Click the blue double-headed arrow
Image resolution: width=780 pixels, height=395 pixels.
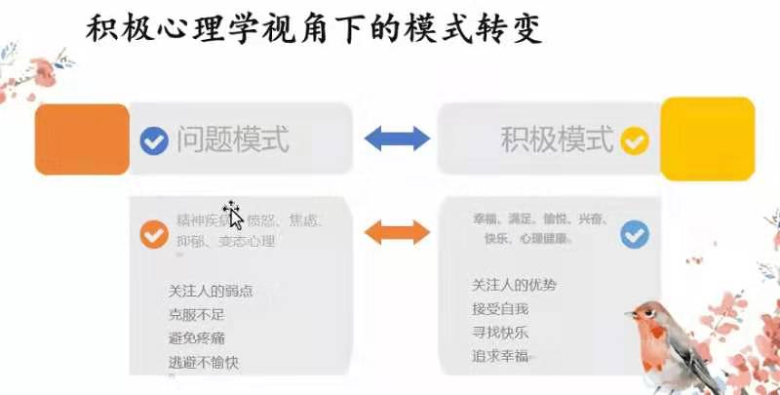click(x=397, y=139)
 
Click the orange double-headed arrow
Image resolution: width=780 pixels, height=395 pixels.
click(x=396, y=232)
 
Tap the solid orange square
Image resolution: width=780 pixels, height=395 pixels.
click(x=82, y=138)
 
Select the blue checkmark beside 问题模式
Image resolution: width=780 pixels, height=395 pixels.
click(x=154, y=140)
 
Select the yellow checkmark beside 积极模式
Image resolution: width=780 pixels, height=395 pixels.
click(x=635, y=140)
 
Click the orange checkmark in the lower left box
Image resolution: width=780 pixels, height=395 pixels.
click(x=154, y=234)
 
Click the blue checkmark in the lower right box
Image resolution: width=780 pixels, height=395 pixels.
click(x=635, y=234)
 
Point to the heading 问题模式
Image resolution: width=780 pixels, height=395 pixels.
click(x=233, y=139)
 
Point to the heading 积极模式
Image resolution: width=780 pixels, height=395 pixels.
click(x=558, y=139)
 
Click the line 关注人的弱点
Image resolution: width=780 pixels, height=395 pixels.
click(x=209, y=291)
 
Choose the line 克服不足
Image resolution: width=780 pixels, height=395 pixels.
click(x=197, y=314)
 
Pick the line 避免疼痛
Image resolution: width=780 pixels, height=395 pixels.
click(x=197, y=338)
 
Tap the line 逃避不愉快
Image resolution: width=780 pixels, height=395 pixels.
click(x=203, y=363)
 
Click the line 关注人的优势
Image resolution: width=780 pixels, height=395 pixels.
click(x=515, y=285)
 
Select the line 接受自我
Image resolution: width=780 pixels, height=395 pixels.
click(x=500, y=308)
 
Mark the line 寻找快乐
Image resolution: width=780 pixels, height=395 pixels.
click(x=500, y=333)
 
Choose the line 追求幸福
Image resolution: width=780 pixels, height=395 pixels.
click(x=500, y=357)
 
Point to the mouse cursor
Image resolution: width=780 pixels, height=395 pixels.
click(x=232, y=211)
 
